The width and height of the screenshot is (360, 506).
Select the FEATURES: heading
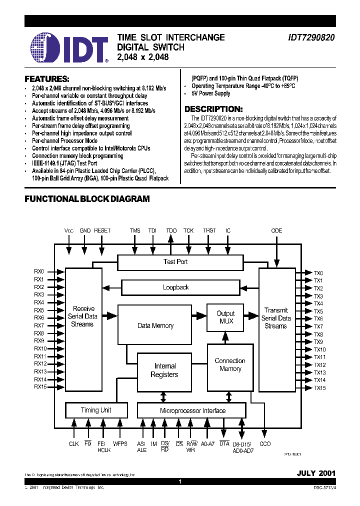[46, 79]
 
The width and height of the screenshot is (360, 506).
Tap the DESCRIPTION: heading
[213, 109]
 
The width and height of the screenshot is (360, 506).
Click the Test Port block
[175, 262]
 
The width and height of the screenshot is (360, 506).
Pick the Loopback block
[175, 287]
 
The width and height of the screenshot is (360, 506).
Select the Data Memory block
[155, 325]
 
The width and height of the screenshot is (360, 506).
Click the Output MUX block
[225, 317]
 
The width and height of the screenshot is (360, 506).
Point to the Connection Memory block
[230, 365]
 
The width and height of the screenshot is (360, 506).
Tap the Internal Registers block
[164, 370]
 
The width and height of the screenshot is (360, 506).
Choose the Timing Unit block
[95, 410]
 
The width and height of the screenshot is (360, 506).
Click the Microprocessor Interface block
[192, 411]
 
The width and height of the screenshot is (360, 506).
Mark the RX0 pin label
[39, 271]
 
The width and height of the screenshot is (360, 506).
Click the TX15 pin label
[319, 388]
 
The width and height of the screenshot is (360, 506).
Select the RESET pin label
[102, 230]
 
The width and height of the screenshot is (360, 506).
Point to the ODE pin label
[276, 230]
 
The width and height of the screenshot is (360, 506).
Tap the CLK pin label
[73, 443]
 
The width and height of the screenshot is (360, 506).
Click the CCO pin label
[265, 443]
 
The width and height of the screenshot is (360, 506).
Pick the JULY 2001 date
[316, 472]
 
